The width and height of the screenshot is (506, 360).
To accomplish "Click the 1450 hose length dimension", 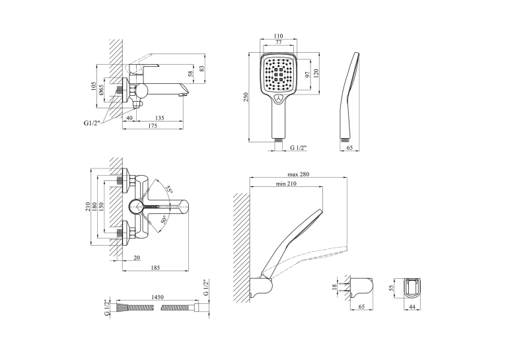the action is click(x=157, y=297).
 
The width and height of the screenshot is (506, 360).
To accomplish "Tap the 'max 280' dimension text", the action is click(x=298, y=174).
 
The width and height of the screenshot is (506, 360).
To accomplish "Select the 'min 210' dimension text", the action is click(x=286, y=184).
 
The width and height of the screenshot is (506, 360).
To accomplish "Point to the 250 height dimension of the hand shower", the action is click(x=246, y=97).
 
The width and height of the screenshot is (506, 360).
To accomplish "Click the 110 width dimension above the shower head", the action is click(x=278, y=36).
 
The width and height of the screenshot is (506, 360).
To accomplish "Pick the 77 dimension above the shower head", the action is click(x=278, y=42).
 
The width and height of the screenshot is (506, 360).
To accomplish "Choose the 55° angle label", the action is click(x=168, y=190).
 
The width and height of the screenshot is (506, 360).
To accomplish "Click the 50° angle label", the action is click(x=164, y=220).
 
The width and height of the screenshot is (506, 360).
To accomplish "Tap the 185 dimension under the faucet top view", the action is click(x=155, y=268).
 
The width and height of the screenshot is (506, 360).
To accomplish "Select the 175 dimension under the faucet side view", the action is click(x=153, y=126).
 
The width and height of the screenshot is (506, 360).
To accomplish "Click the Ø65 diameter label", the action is click(x=101, y=89).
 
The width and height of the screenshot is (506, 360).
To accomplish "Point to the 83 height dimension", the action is click(x=201, y=69).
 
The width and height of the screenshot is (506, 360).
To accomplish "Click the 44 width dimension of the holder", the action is click(x=412, y=306).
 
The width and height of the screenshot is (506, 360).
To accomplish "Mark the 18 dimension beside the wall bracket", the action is click(x=334, y=286).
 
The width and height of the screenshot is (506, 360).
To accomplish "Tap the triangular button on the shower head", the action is click(x=279, y=98).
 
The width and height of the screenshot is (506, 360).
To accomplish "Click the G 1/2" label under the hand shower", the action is click(x=298, y=148).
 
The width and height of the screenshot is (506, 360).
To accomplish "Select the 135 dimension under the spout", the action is click(x=160, y=118).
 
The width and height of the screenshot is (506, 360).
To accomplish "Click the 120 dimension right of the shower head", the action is click(x=316, y=74).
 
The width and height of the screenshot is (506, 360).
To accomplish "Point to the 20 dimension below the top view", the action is click(x=137, y=258).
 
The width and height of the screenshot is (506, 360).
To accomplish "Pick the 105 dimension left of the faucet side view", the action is click(x=94, y=86).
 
